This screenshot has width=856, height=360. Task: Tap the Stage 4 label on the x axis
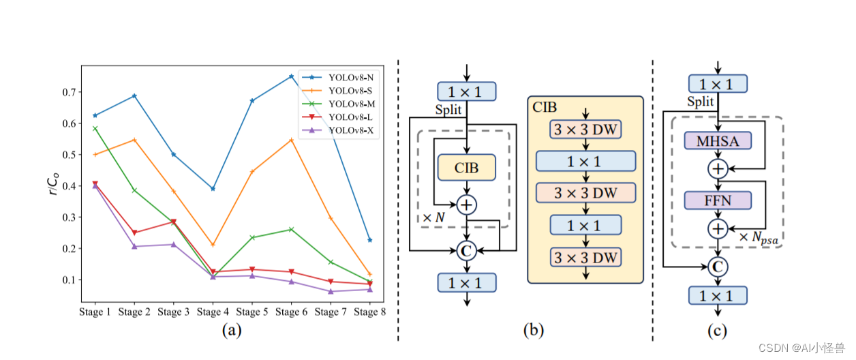(213, 312)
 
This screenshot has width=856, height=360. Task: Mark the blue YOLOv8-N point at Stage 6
(291, 76)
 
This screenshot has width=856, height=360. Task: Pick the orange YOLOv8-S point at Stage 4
(213, 244)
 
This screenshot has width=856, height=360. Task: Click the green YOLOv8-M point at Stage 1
(95, 128)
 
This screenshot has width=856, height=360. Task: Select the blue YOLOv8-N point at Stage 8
(369, 240)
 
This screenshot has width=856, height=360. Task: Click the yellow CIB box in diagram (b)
(466, 167)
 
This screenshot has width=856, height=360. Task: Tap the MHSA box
(718, 141)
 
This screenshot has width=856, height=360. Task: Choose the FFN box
(718, 200)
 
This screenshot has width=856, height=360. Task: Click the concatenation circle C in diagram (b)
(466, 251)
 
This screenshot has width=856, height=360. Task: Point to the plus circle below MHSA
(718, 169)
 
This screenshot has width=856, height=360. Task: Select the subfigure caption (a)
(232, 331)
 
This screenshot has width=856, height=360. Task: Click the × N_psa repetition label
(759, 238)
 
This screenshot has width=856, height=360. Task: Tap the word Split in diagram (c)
(700, 102)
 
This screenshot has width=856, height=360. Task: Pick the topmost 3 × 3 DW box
(585, 130)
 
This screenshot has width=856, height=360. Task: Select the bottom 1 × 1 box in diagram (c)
(718, 295)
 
